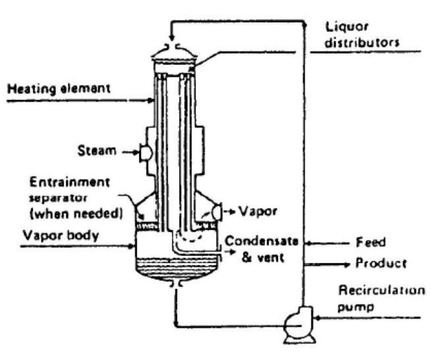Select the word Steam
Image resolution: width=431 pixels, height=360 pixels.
pyautogui.click(x=97, y=150)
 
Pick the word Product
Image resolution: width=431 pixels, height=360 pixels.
pyautogui.click(x=381, y=263)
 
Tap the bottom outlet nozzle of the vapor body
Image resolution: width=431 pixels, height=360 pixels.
pyautogui.click(x=175, y=285)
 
